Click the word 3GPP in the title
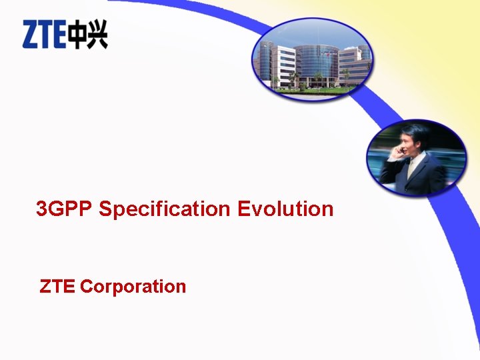pos(65,209)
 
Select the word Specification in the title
pos(165,209)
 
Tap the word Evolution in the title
pos(285,209)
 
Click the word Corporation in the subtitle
pos(133,287)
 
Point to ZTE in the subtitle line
pos(58,287)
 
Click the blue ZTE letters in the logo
pos(44,35)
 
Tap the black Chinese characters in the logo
pos(87,35)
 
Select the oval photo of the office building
pos(313,59)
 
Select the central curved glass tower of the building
pos(319,63)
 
